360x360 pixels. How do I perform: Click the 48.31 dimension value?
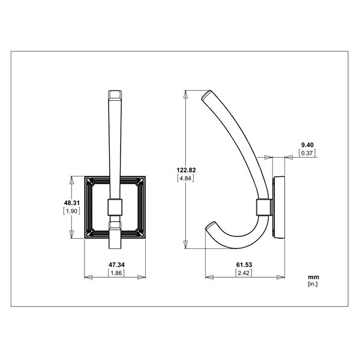point(72,203)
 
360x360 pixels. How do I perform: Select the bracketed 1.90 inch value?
point(72,211)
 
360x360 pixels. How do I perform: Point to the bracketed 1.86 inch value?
point(116,272)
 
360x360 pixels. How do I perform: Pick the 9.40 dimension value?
point(307,145)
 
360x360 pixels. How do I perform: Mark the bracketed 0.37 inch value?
point(307,153)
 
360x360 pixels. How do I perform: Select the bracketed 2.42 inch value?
point(244,272)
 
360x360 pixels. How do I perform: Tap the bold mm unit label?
point(313,277)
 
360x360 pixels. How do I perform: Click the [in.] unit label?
point(313,284)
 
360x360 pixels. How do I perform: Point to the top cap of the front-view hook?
point(115,95)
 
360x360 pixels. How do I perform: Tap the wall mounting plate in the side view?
point(278,206)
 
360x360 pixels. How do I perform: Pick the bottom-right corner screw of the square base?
point(142,233)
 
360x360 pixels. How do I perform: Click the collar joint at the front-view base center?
point(115,207)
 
